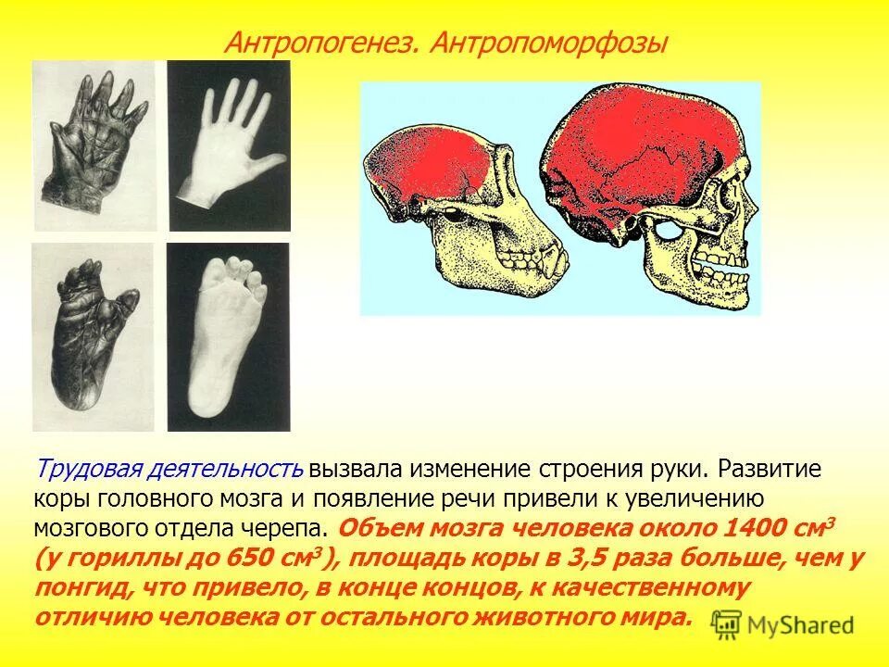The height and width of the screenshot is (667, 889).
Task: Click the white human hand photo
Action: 229,145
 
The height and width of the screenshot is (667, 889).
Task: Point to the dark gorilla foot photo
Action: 93,336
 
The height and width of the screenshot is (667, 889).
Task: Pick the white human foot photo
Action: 228,336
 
